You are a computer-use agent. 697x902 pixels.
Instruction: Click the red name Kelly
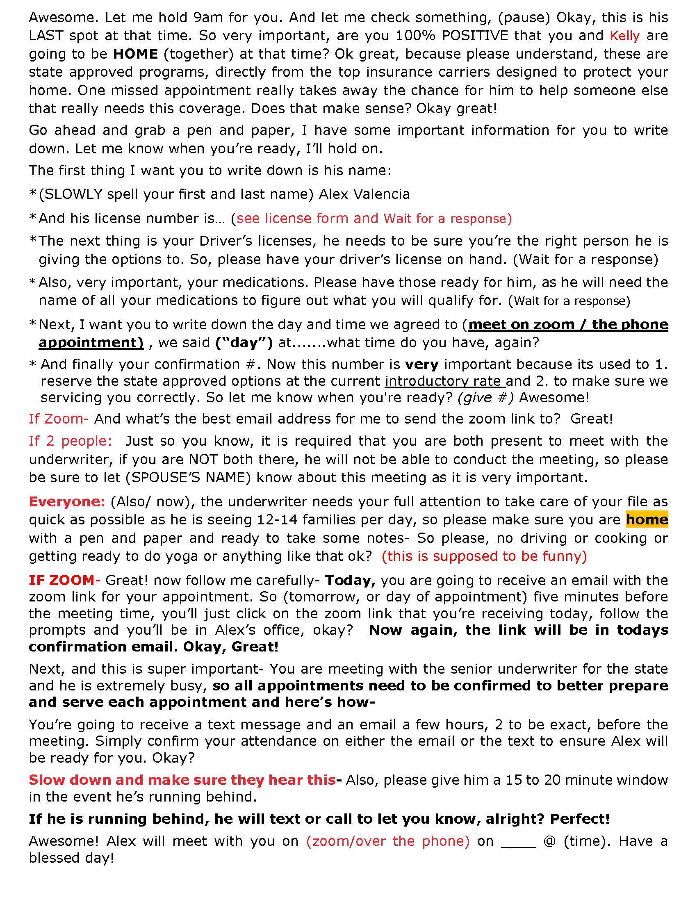click(x=624, y=36)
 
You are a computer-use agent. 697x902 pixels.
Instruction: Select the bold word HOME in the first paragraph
click(x=135, y=54)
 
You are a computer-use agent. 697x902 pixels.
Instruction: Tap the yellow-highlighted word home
click(x=647, y=519)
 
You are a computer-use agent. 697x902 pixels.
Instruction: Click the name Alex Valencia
click(x=364, y=194)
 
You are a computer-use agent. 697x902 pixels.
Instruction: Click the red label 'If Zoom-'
click(x=58, y=419)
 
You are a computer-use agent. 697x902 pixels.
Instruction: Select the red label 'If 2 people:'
click(x=70, y=441)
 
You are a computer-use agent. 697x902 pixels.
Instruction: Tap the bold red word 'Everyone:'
click(x=67, y=501)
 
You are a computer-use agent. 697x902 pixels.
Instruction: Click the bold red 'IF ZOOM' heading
click(x=62, y=580)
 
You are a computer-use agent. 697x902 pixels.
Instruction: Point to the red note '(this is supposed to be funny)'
click(x=484, y=556)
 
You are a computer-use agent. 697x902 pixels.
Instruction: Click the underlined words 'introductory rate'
click(x=445, y=381)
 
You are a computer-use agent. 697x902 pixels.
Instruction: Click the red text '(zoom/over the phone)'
click(x=388, y=841)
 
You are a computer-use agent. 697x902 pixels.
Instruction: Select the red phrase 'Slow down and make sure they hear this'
click(x=182, y=780)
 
